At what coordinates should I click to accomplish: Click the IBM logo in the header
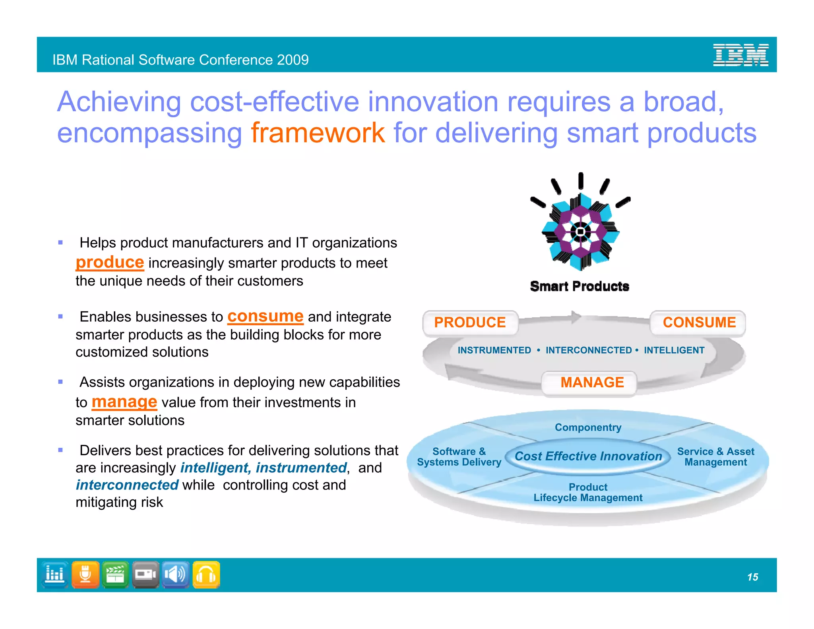click(x=740, y=55)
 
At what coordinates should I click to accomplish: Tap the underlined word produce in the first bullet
click(x=110, y=262)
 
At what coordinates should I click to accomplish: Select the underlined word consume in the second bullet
click(x=265, y=316)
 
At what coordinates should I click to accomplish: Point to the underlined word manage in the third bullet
click(x=124, y=402)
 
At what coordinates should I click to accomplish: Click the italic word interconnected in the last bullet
click(x=127, y=485)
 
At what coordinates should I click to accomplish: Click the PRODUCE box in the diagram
click(x=470, y=322)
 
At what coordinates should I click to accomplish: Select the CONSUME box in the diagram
click(x=699, y=322)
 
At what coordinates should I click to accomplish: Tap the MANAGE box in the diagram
click(x=591, y=382)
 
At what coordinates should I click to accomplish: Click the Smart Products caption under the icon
click(x=579, y=286)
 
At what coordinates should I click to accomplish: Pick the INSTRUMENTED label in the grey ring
click(x=494, y=350)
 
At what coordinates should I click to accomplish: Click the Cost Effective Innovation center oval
click(x=588, y=456)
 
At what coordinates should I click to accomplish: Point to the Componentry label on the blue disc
click(x=588, y=427)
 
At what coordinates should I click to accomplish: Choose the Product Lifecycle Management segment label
click(x=588, y=493)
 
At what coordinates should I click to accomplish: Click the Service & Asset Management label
click(x=715, y=457)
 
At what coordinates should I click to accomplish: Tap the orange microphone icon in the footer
click(x=85, y=575)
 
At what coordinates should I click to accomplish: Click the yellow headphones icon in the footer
click(x=206, y=575)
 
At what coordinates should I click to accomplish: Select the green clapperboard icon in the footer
click(x=115, y=575)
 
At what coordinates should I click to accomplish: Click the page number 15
click(x=752, y=577)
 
